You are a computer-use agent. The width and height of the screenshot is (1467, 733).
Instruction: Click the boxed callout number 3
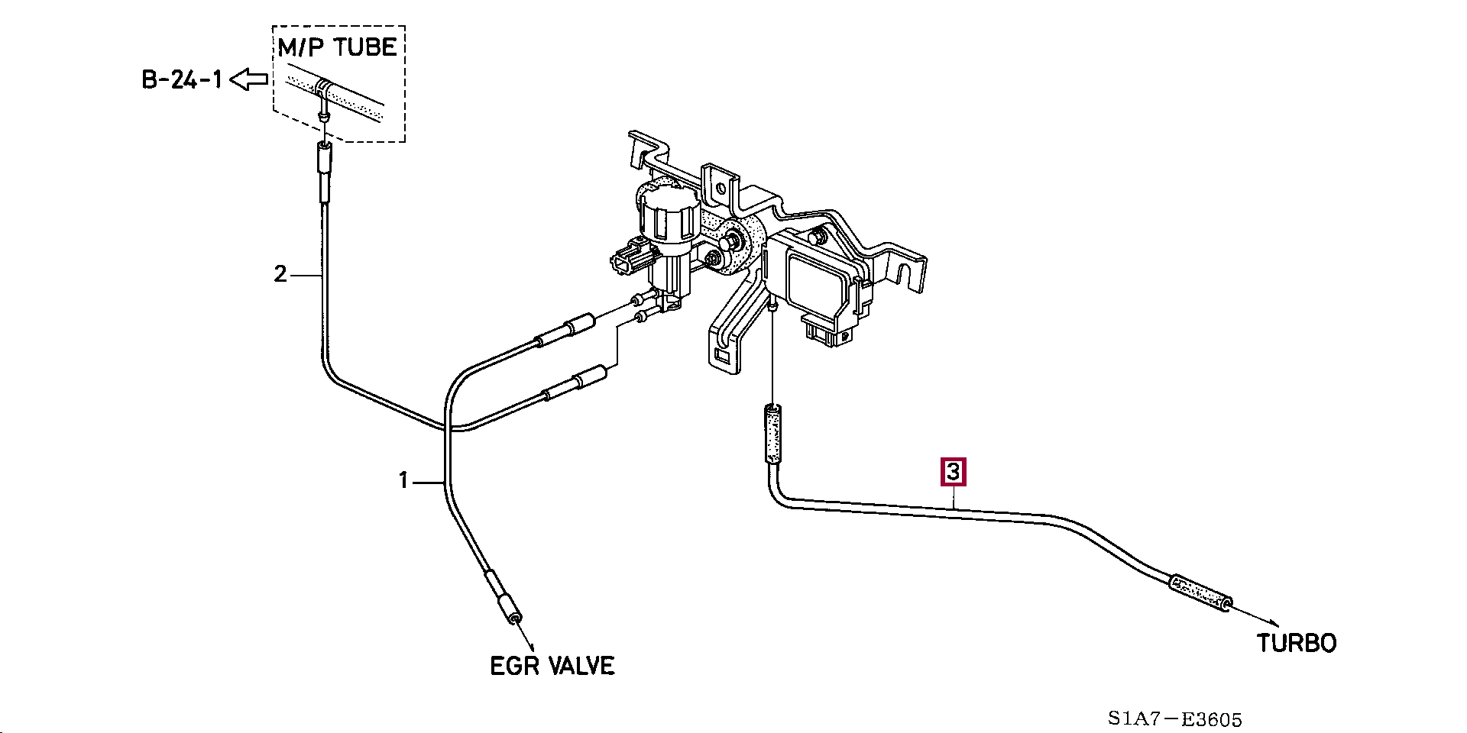(953, 472)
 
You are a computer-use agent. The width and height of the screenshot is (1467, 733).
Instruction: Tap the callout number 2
(280, 274)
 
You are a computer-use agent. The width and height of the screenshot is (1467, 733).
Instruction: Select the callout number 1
(403, 481)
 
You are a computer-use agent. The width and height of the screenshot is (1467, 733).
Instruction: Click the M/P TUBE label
(337, 47)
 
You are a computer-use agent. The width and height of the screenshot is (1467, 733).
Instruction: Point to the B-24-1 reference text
(182, 79)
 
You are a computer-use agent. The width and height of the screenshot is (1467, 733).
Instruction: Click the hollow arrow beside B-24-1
(249, 79)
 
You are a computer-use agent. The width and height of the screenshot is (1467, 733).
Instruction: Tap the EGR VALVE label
(552, 666)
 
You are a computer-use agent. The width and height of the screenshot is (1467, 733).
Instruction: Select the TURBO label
(1297, 643)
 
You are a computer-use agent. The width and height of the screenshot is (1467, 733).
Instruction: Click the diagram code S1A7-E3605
(1174, 718)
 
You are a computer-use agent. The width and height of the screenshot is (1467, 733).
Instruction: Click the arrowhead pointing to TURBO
(1271, 624)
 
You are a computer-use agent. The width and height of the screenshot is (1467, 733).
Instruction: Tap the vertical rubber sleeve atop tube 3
(772, 435)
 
